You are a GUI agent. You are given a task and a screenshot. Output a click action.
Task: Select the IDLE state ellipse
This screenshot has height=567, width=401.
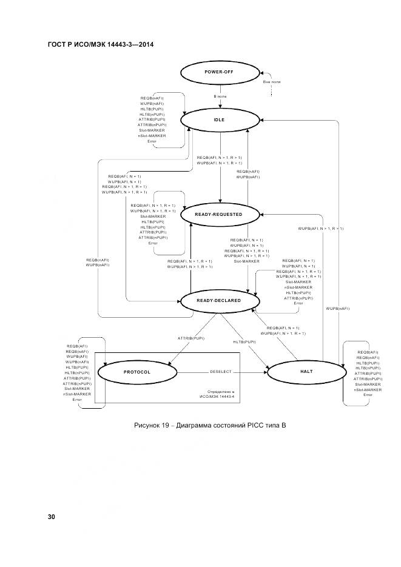(x=219, y=119)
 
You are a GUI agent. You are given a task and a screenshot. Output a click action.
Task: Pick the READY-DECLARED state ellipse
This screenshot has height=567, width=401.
(x=219, y=300)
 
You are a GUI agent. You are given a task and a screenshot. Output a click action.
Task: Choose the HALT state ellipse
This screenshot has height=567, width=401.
(x=306, y=371)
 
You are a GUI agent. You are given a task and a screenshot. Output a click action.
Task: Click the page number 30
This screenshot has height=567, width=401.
(x=52, y=517)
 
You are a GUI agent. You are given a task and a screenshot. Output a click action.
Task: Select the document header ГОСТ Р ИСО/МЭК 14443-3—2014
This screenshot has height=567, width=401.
(x=99, y=45)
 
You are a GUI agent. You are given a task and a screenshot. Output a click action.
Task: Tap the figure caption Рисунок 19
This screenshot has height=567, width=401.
(x=209, y=425)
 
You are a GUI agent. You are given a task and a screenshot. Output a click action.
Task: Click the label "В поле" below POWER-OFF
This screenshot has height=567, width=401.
(x=220, y=96)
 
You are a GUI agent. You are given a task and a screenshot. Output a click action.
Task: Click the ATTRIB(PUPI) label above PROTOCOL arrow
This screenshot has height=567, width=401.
(x=190, y=338)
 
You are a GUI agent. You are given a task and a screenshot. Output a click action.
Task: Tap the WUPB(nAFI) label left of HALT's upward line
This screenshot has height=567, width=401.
(x=338, y=309)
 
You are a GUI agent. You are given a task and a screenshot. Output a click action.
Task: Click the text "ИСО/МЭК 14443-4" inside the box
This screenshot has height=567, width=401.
(x=217, y=398)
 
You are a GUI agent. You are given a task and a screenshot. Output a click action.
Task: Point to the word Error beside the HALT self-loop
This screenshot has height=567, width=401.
(x=368, y=395)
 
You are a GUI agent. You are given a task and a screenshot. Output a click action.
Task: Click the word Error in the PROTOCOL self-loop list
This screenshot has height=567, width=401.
(x=77, y=400)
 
